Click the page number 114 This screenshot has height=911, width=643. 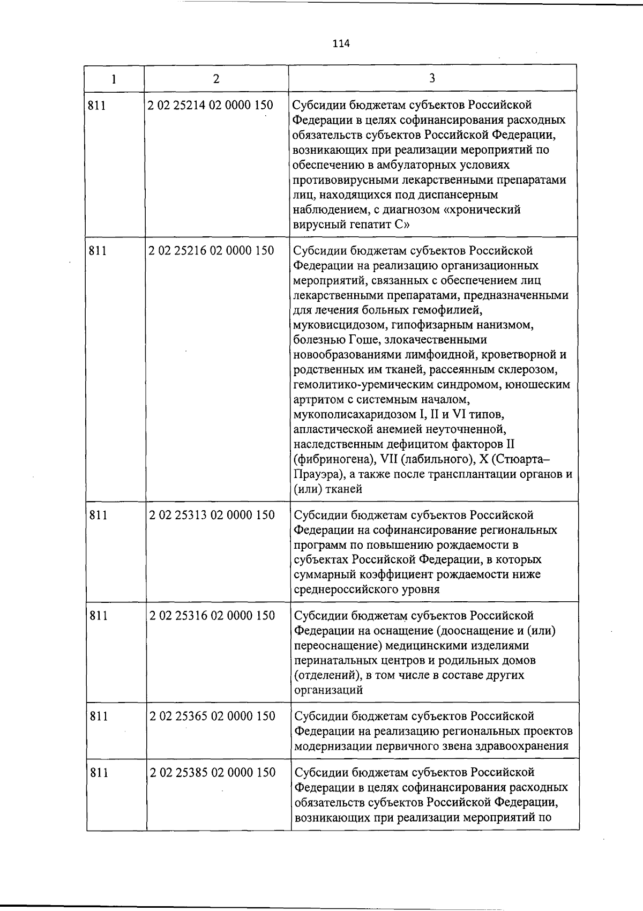click(341, 44)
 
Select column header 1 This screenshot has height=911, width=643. click(114, 79)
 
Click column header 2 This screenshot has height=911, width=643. click(216, 79)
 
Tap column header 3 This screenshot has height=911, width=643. click(432, 78)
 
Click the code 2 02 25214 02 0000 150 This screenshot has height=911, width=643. click(211, 105)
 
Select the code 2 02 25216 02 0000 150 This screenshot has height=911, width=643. click(211, 250)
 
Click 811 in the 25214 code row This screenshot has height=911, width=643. click(97, 105)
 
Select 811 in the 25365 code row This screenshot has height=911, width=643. click(98, 716)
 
